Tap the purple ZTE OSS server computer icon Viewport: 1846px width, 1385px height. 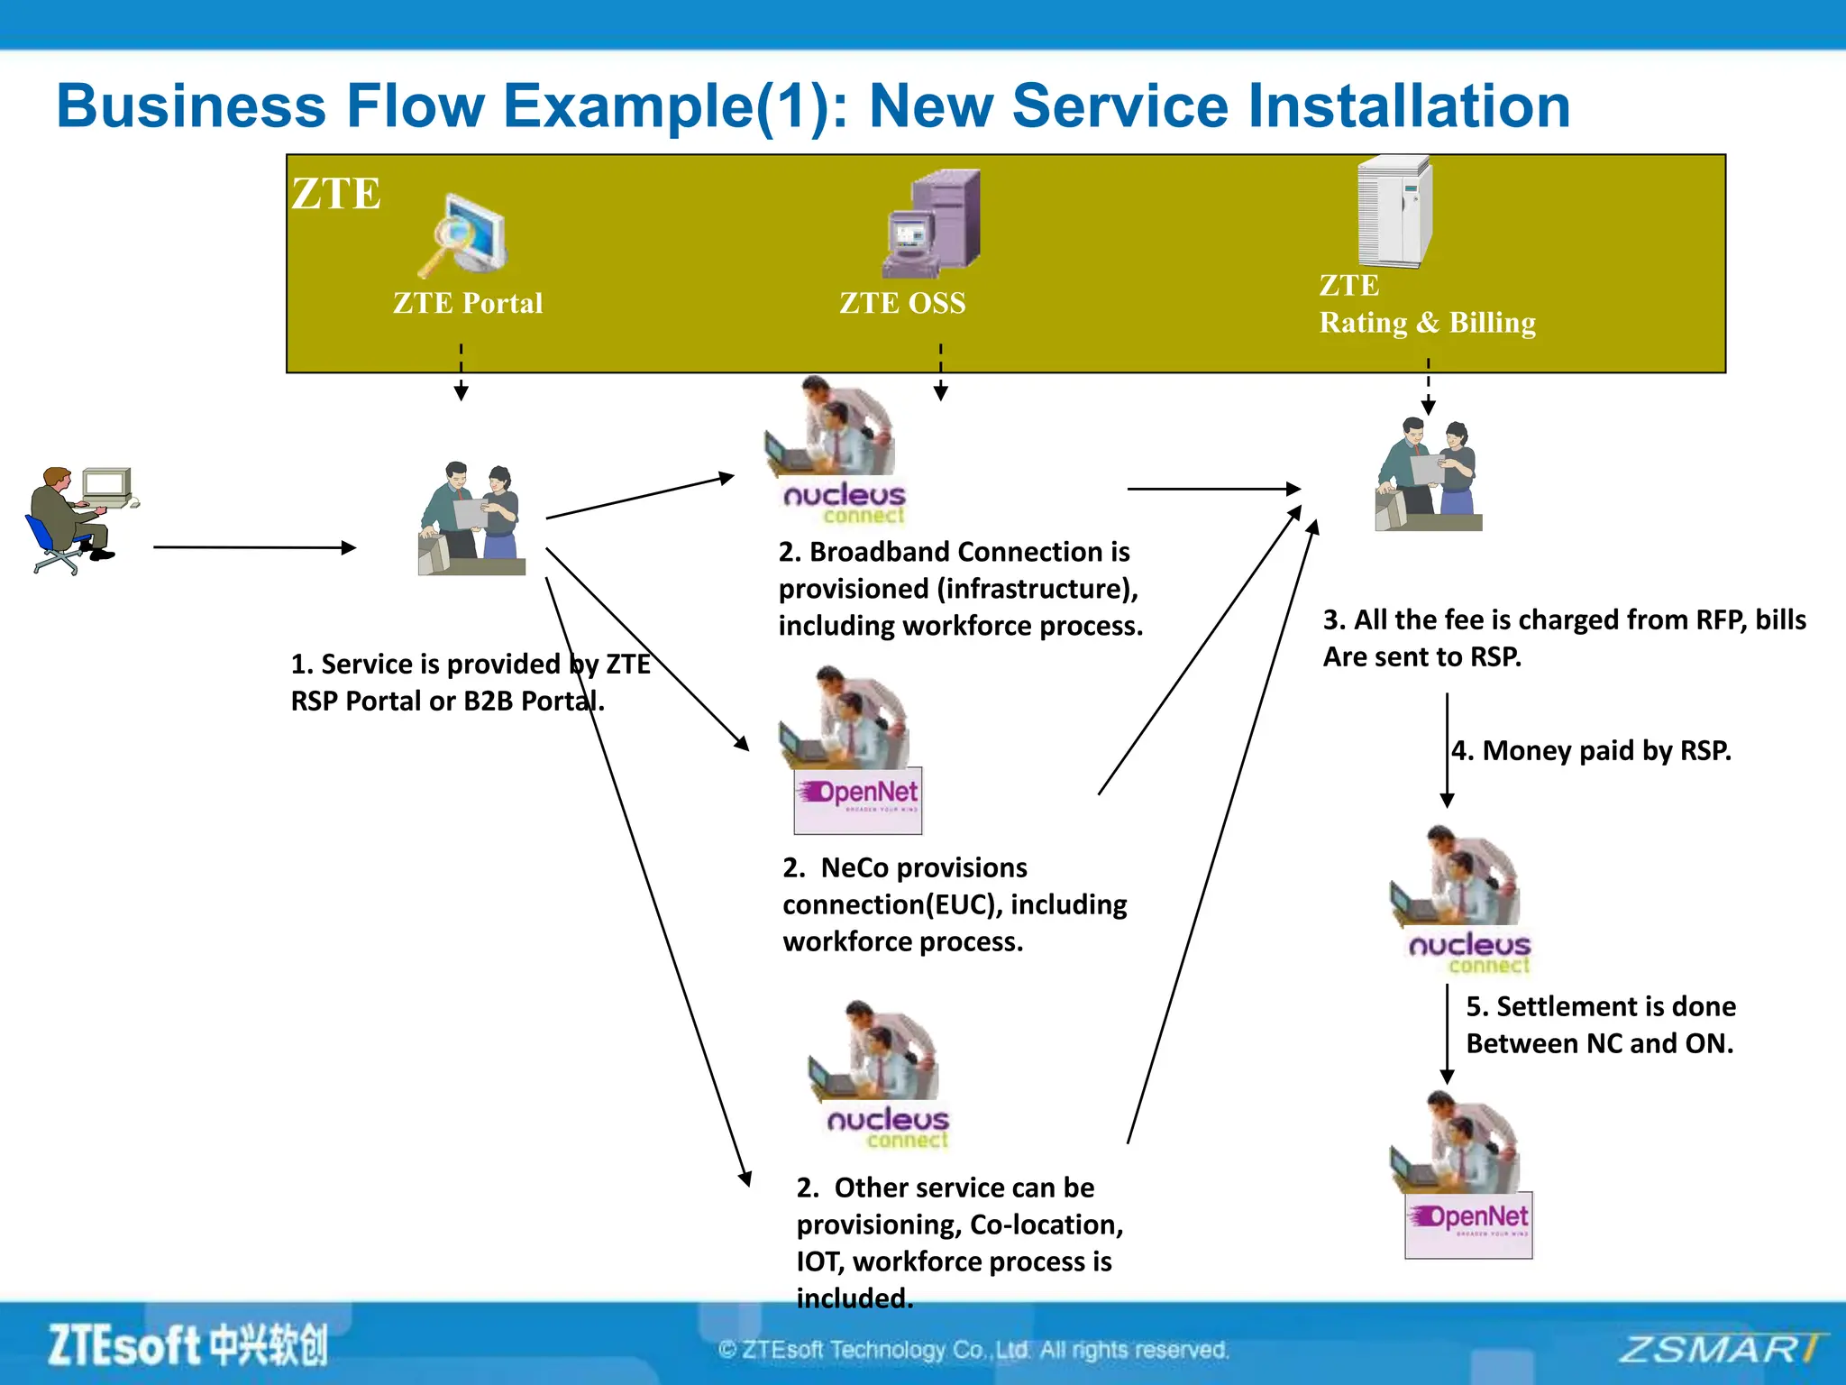click(x=931, y=224)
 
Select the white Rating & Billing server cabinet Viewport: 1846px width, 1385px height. click(x=1394, y=213)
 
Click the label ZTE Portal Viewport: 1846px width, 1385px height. click(x=468, y=303)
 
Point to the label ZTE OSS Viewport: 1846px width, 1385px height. click(x=902, y=303)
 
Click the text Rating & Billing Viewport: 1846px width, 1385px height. click(x=1427, y=323)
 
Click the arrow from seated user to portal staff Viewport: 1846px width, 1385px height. click(x=254, y=546)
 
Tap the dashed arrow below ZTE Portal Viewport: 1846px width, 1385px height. click(x=461, y=371)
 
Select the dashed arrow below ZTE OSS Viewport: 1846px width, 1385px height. click(x=940, y=371)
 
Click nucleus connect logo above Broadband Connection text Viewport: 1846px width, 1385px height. click(x=845, y=502)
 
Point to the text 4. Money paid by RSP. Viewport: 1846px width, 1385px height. click(x=1591, y=750)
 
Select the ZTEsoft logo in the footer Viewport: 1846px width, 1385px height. click(x=187, y=1345)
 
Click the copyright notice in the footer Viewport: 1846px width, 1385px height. click(x=973, y=1350)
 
